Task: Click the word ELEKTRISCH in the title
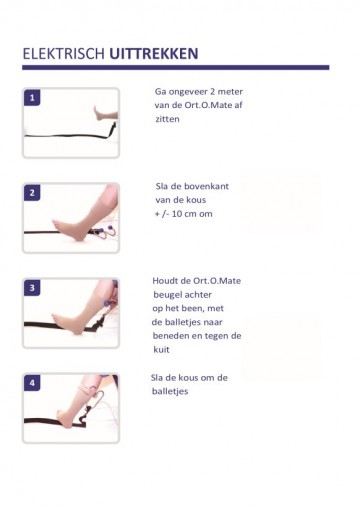point(64,54)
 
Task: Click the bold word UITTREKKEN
point(154,54)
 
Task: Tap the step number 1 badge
point(32,98)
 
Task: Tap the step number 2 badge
point(32,193)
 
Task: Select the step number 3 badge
point(32,288)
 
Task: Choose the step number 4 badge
point(32,383)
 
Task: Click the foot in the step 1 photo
point(100,113)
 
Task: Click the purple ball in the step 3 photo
point(107,303)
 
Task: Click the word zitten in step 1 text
point(167,119)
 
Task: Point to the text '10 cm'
point(184,214)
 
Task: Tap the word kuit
point(162,350)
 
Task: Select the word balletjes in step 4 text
point(170,391)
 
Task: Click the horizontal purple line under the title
point(176,67)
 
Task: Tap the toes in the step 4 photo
point(60,414)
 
